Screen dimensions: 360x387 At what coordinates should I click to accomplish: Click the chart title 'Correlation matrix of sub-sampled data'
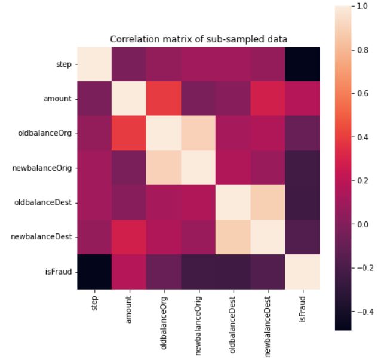click(199, 39)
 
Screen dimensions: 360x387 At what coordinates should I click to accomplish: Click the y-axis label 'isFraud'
click(62, 272)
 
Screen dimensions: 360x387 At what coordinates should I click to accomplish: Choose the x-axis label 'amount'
click(130, 308)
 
